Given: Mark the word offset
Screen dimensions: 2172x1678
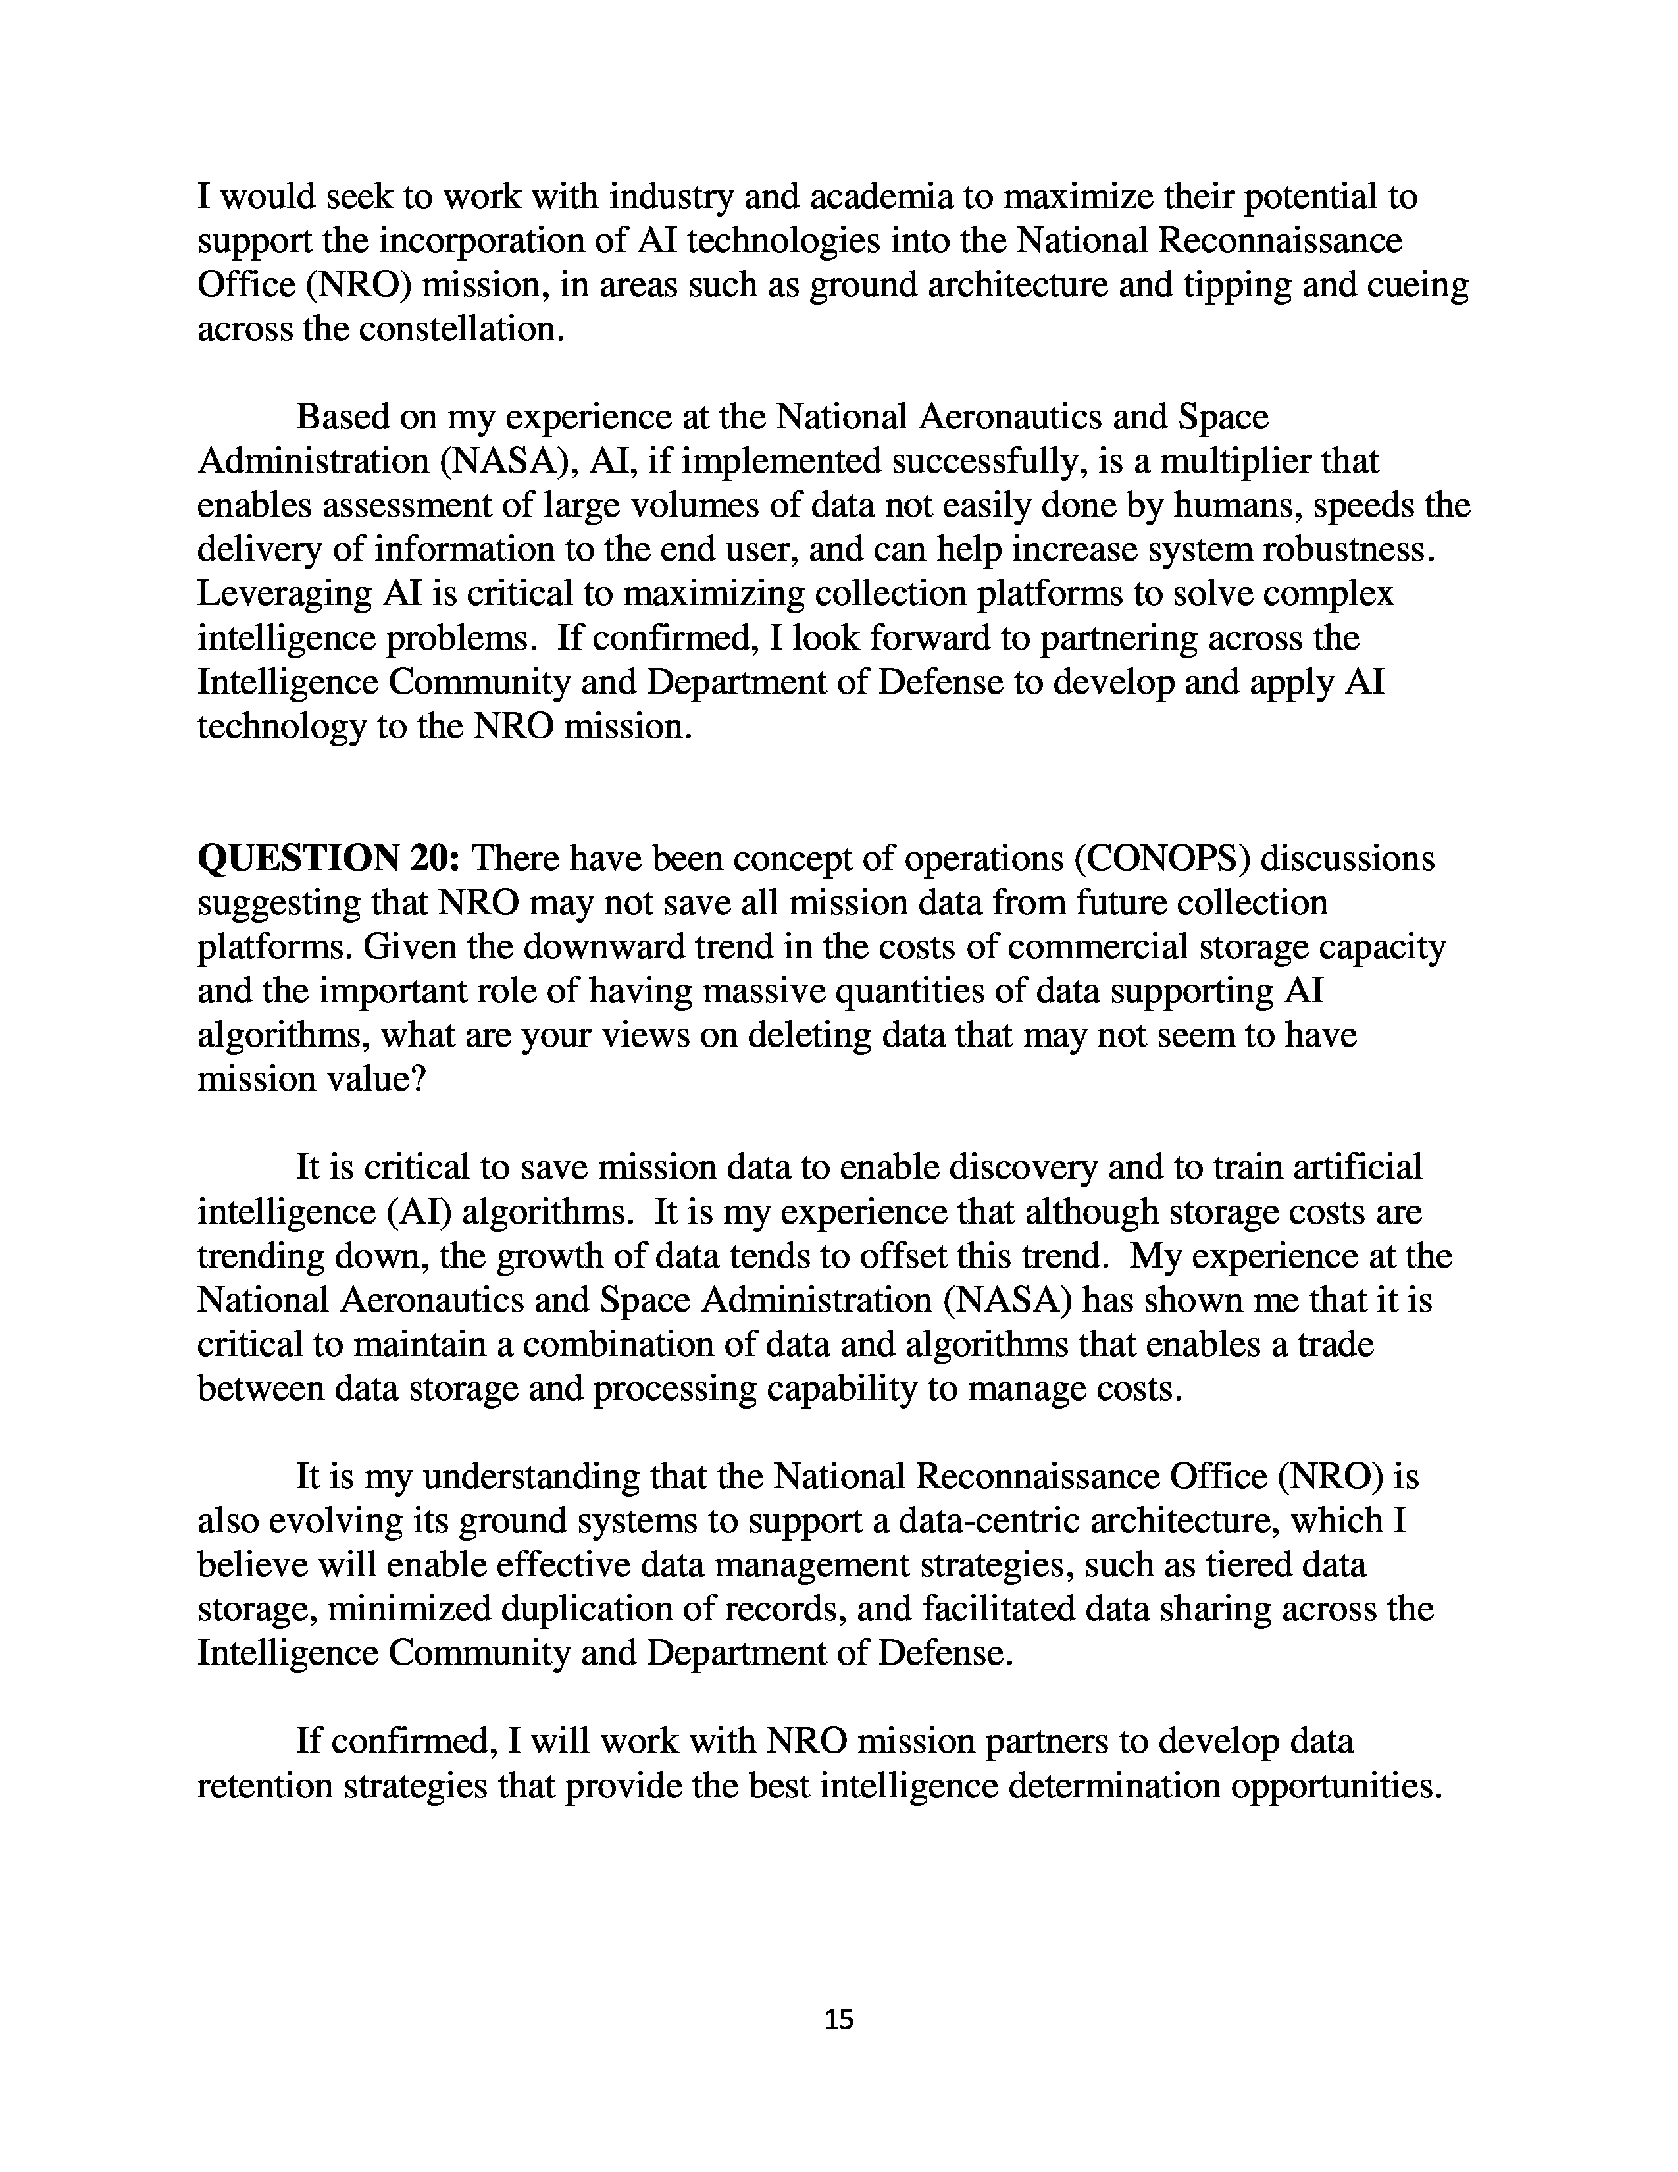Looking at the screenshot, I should [895, 1255].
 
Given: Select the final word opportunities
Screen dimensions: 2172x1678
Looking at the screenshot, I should [1335, 1786].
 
